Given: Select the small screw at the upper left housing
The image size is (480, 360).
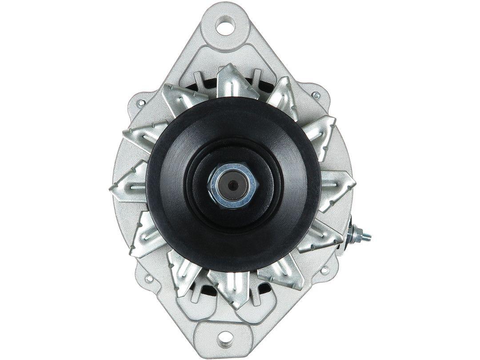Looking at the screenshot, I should coord(141,103).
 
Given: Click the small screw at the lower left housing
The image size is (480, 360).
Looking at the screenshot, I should coord(148,279).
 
